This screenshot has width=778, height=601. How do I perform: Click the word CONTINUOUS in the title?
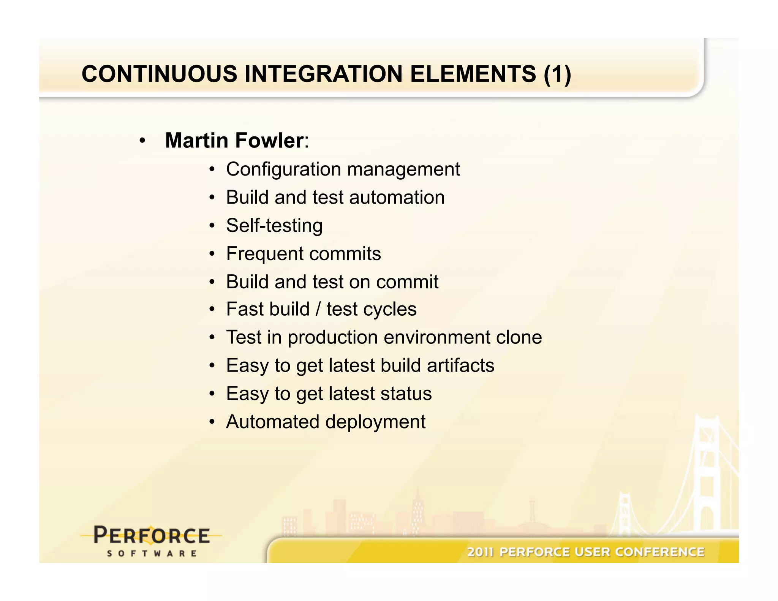point(159,74)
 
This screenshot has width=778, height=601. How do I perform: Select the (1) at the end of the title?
point(557,74)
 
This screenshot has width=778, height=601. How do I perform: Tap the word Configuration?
point(283,169)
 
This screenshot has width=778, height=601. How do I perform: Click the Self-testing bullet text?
point(274,226)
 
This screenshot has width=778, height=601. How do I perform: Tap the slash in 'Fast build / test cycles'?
point(318,309)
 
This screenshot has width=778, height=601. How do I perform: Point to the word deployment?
point(375,422)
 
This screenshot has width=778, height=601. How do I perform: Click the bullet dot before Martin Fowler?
point(142,141)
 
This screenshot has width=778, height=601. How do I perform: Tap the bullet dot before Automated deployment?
point(212,422)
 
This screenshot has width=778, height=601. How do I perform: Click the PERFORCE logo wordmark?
point(152,536)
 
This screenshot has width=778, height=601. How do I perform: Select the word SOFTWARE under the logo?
point(152,554)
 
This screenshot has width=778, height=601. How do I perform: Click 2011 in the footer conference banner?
point(480,552)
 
